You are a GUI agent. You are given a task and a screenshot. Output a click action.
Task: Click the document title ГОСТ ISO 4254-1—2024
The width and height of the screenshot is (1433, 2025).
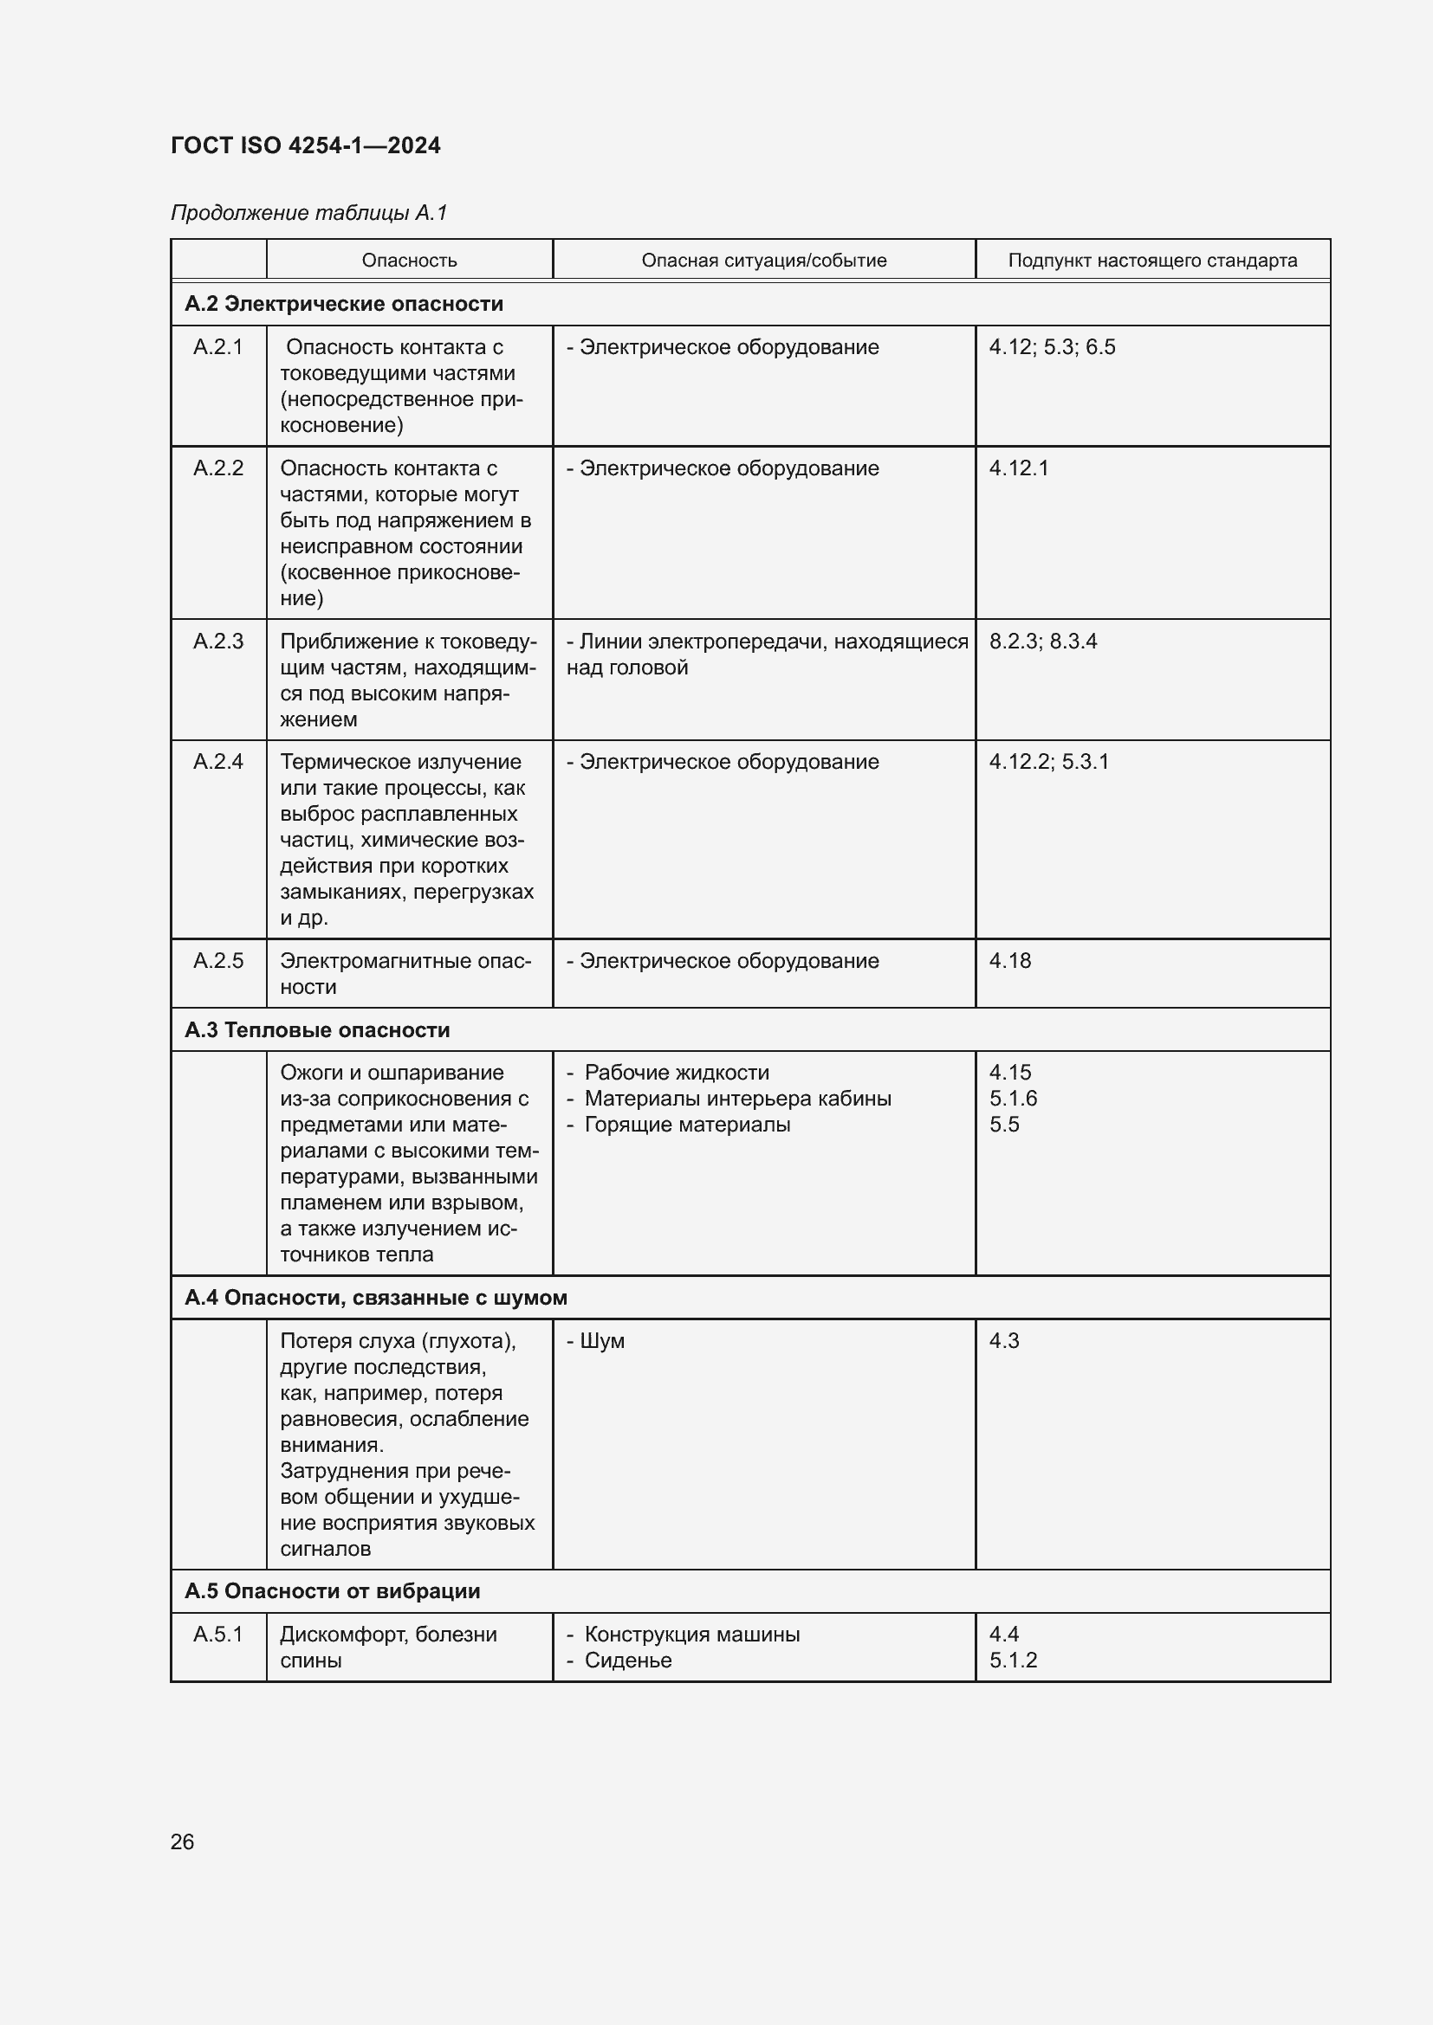pos(305,145)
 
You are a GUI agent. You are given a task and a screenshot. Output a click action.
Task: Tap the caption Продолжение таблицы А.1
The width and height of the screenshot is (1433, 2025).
pos(308,213)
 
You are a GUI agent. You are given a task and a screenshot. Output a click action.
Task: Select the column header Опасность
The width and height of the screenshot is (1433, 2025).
pos(410,261)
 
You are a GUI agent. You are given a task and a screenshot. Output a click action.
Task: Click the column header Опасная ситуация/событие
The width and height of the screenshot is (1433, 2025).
pos(763,261)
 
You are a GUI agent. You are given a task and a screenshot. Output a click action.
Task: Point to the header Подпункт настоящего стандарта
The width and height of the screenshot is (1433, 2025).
pos(1151,261)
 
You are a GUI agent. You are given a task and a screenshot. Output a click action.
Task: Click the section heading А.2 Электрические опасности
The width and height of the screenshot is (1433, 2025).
pos(343,303)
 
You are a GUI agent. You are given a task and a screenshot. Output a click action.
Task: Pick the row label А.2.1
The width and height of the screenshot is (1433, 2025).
pos(218,346)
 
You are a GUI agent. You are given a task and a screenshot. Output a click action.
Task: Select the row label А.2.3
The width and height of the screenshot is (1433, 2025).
pos(218,642)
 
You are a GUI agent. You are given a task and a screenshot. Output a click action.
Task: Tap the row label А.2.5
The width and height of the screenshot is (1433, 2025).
pos(218,960)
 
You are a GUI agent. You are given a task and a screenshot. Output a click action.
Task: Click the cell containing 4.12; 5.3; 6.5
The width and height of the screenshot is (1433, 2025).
pos(1052,346)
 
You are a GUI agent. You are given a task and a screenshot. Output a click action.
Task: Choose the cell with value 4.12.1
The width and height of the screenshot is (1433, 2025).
pos(1018,468)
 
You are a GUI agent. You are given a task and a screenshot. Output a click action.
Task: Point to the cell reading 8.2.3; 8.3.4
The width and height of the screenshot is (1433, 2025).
pos(1042,642)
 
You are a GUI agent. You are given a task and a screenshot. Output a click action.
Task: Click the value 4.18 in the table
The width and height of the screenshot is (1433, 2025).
pos(1009,960)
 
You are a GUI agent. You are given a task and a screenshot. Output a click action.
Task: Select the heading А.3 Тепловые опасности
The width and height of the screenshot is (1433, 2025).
pos(317,1029)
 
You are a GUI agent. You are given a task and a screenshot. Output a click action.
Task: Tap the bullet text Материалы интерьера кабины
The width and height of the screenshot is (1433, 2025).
pos(737,1098)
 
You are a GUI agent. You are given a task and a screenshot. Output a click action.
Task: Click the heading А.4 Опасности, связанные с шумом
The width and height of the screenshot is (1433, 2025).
pos(376,1298)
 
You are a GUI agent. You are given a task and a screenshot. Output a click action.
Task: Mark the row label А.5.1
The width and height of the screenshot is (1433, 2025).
pos(218,1635)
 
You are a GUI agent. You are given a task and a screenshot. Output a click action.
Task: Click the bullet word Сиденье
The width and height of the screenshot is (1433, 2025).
pos(627,1660)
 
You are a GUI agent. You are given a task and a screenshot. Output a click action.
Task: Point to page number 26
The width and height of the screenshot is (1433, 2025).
pos(183,1841)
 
